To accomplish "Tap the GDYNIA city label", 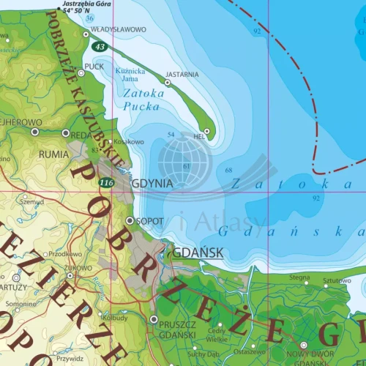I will point(152,184).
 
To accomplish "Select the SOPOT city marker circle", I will point(130,220).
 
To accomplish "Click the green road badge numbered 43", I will point(100,46).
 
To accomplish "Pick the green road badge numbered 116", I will point(108,182).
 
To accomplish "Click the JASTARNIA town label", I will point(182,74).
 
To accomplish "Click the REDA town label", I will point(80,134).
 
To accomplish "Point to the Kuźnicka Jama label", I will point(131,74).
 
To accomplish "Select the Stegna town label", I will point(299,277).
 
